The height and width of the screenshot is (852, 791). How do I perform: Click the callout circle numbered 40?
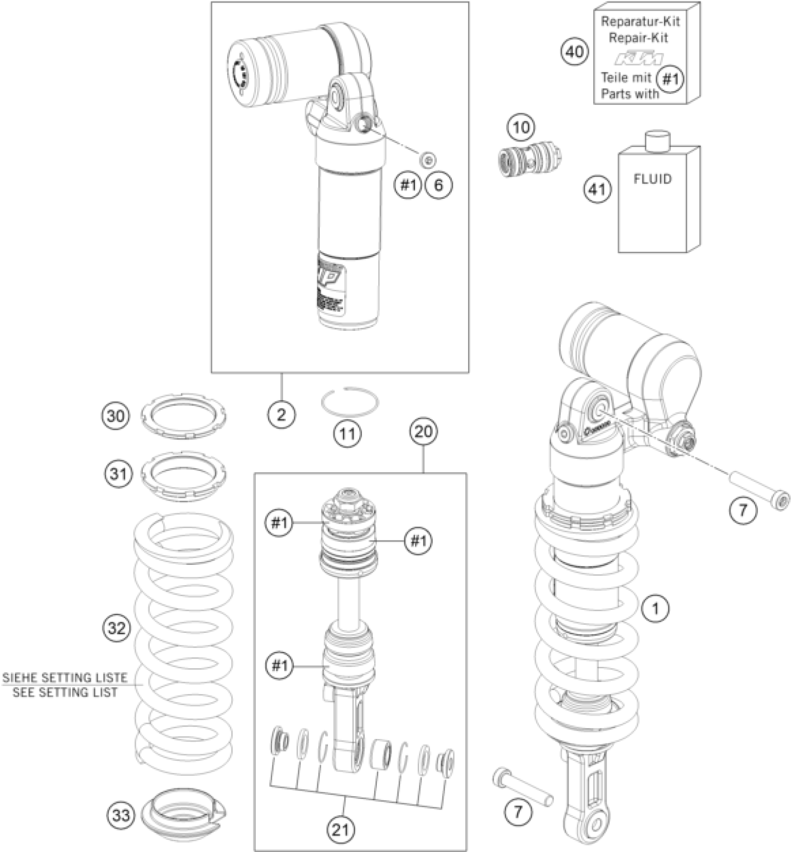(574, 52)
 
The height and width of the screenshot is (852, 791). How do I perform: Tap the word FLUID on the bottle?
(652, 179)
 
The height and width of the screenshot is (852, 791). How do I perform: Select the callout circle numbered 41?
(598, 189)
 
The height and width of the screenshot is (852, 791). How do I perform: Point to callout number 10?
(521, 127)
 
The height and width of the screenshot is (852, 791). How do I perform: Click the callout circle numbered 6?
(438, 185)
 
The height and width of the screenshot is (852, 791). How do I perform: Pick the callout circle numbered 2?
(281, 414)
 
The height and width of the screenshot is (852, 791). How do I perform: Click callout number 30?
(116, 415)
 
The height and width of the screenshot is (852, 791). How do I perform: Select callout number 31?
(118, 474)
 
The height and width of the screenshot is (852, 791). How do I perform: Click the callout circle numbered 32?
(116, 628)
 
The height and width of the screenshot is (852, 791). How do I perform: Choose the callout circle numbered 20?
(423, 432)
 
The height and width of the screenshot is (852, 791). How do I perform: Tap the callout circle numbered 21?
(342, 829)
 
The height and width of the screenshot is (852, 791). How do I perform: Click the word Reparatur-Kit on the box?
(640, 21)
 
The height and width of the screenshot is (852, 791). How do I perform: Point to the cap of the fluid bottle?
(657, 140)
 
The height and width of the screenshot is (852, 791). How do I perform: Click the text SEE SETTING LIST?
(65, 692)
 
